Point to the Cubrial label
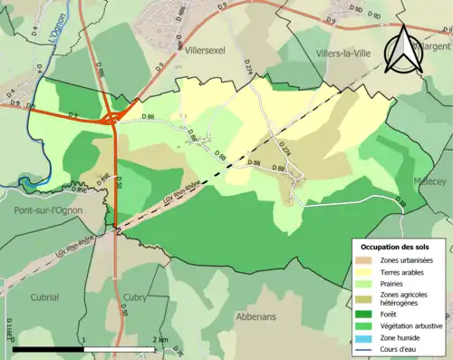tap(43, 269)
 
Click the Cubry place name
tap(134, 269)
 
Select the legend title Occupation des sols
tap(397, 247)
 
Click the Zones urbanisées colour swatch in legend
tap(362, 260)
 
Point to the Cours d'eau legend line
tap(362, 348)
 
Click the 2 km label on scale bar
tap(159, 340)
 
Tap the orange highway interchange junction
tap(113, 117)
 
